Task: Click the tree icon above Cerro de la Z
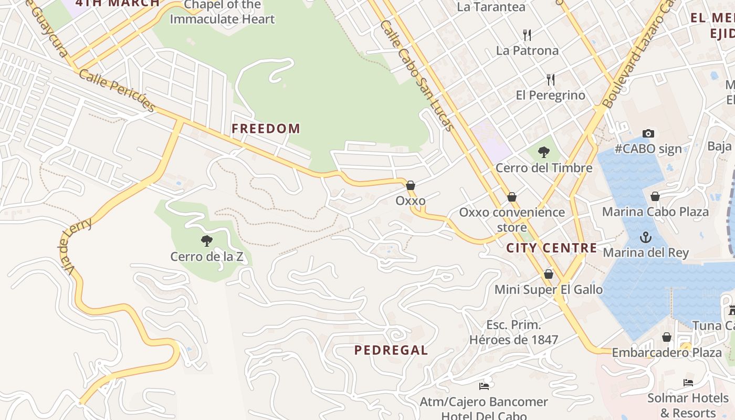[x=207, y=241]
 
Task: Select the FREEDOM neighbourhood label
[x=266, y=129]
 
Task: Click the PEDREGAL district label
[x=391, y=350]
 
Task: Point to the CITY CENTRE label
[x=552, y=248]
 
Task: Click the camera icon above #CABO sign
[x=648, y=134]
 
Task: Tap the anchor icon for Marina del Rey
[x=645, y=238]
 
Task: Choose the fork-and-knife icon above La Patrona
[x=527, y=35]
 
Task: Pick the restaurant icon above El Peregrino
[x=550, y=80]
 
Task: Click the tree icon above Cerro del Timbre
[x=544, y=153]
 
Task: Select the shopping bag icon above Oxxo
[x=411, y=185]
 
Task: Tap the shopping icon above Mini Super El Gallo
[x=549, y=274]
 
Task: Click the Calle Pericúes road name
[x=118, y=90]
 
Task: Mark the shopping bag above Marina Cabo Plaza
[x=655, y=197]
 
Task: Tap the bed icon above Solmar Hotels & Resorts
[x=688, y=383]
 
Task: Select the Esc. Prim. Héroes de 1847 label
[x=513, y=332]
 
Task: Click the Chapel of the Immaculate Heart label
[x=222, y=13]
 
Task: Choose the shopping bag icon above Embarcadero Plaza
[x=667, y=337]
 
